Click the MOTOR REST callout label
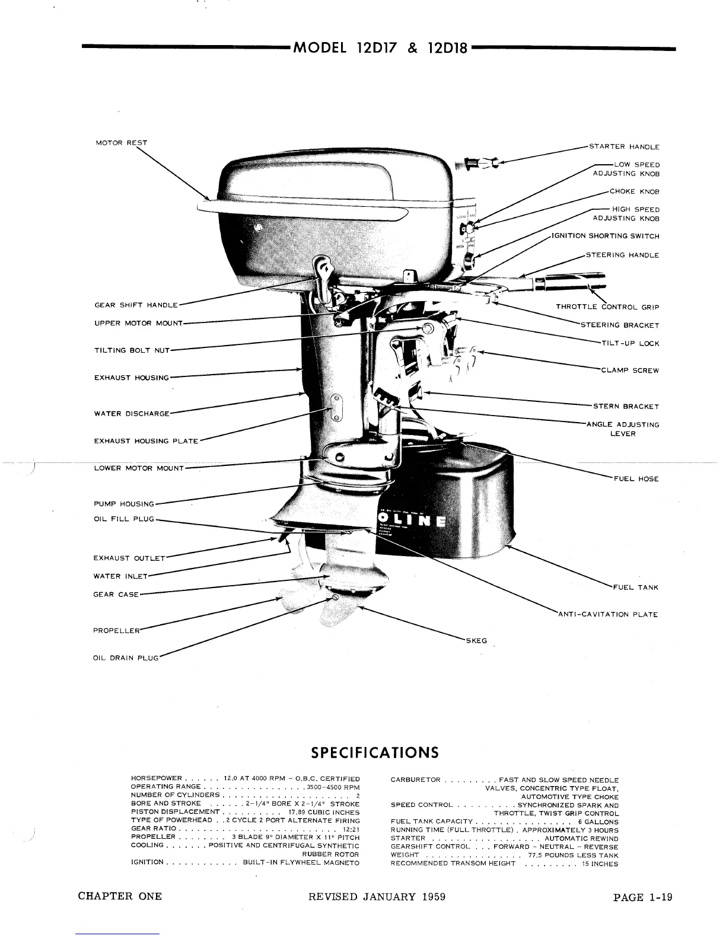point(122,143)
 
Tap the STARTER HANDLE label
point(623,146)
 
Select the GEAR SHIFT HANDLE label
point(136,305)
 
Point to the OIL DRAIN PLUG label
point(126,659)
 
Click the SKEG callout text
point(476,641)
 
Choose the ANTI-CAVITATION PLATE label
point(608,615)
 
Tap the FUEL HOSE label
point(635,479)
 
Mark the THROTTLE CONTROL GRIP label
point(607,307)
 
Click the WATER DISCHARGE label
point(132,414)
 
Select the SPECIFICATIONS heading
point(375,752)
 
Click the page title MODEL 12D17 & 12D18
point(380,48)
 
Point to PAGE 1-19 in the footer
point(643,897)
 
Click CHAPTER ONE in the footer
point(120,896)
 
